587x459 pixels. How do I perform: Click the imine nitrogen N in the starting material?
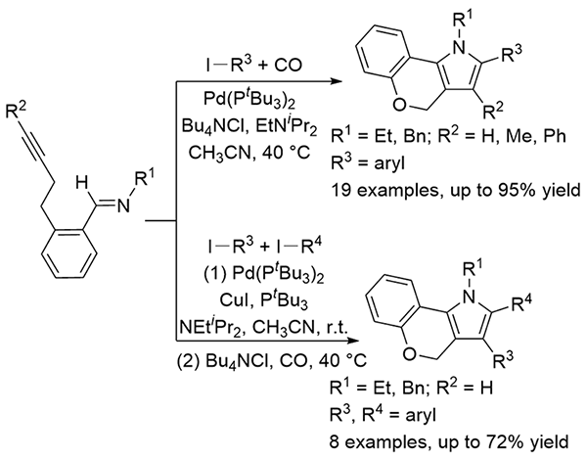123,206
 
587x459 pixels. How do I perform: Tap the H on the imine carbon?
81,184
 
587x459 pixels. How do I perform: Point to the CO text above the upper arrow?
288,66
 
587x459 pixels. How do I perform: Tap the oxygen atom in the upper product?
399,105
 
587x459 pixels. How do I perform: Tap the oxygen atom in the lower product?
410,353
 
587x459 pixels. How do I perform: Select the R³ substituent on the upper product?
511,53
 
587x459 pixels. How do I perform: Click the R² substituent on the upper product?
493,111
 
